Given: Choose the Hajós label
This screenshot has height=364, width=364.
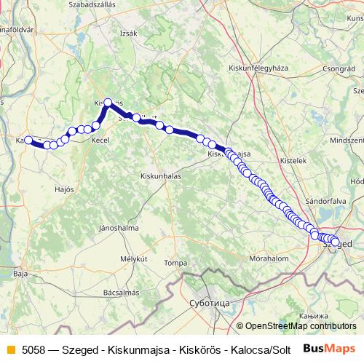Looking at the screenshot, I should pos(65,189).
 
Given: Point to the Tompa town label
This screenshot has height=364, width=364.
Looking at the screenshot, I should pos(175,262).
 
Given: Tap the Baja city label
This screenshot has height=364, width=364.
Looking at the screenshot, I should pos(20,274).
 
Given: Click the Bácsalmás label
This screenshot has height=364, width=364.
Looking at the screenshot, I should pos(121,293).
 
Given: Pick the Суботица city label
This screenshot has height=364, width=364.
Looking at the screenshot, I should pos(209,301).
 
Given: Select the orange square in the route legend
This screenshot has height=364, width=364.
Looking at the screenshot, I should pos(9,349).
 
